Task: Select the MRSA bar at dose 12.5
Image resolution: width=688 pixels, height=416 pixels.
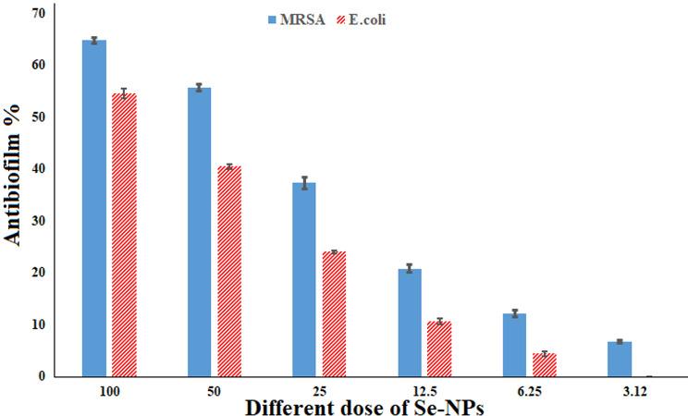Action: pyautogui.click(x=410, y=323)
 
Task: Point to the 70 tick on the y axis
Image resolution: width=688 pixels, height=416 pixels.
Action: pyautogui.click(x=38, y=14)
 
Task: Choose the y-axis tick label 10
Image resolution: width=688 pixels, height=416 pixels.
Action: pyautogui.click(x=38, y=324)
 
